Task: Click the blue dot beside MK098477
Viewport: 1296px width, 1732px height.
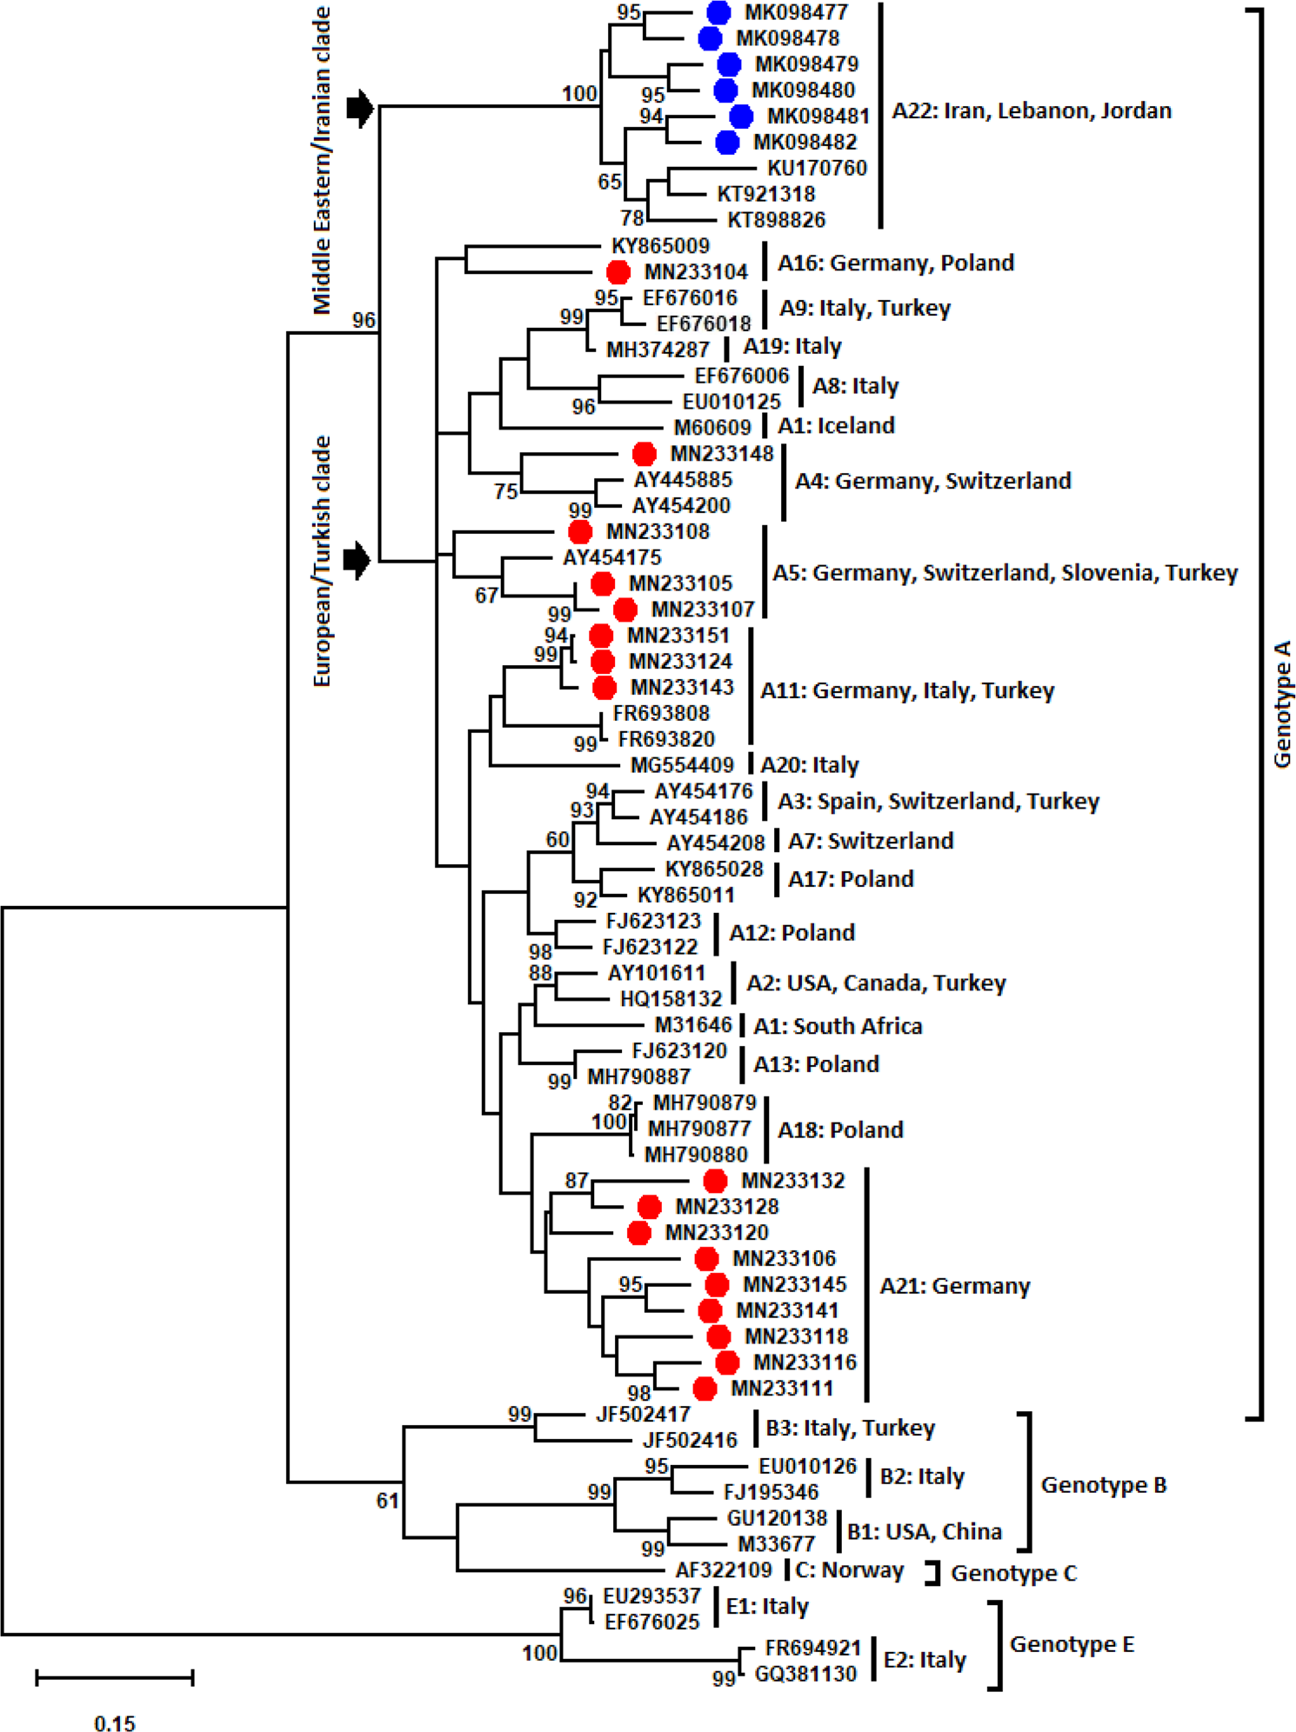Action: [x=718, y=13]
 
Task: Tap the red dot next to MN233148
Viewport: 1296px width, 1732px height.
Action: [x=644, y=454]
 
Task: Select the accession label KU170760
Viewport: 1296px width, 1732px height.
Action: [x=817, y=168]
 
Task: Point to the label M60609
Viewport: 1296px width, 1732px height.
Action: [x=712, y=427]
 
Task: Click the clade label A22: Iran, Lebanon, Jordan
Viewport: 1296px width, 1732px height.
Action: [x=1032, y=111]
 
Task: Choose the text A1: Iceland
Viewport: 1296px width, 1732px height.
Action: [x=836, y=426]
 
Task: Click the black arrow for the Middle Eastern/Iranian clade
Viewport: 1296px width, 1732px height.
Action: [x=360, y=109]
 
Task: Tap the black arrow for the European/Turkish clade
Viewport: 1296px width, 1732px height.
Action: [x=357, y=560]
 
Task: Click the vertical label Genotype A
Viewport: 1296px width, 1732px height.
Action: [x=1282, y=704]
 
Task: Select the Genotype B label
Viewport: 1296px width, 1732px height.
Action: [x=1103, y=1485]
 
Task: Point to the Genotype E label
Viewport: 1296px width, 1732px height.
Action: [x=1072, y=1644]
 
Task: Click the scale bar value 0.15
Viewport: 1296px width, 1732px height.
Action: [x=115, y=1722]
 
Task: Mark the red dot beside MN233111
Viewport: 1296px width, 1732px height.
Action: [x=705, y=1389]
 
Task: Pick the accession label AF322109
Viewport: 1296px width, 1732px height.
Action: [x=724, y=1569]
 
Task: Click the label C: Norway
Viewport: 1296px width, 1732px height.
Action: [x=849, y=1570]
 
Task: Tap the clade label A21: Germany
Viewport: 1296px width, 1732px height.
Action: [x=954, y=1286]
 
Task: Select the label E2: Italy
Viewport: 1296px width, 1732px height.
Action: [x=925, y=1660]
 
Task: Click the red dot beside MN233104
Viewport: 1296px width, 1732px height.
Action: [x=618, y=272]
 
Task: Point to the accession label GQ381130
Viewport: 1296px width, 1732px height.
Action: [x=805, y=1674]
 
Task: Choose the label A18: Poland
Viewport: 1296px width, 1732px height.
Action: [x=840, y=1130]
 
